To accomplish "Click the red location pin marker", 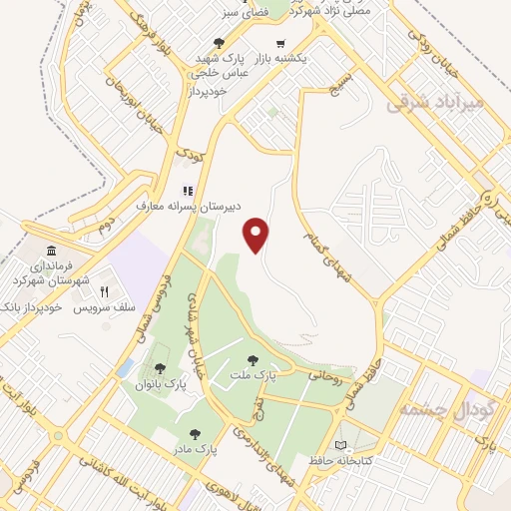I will [257, 234].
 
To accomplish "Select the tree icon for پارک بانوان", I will [160, 369].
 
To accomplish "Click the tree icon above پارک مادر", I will [195, 434].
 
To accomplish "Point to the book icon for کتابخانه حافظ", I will [343, 443].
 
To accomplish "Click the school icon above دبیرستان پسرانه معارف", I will [186, 190].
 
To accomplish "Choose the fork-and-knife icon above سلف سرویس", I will [103, 291].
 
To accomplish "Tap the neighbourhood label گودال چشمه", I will [433, 409].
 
